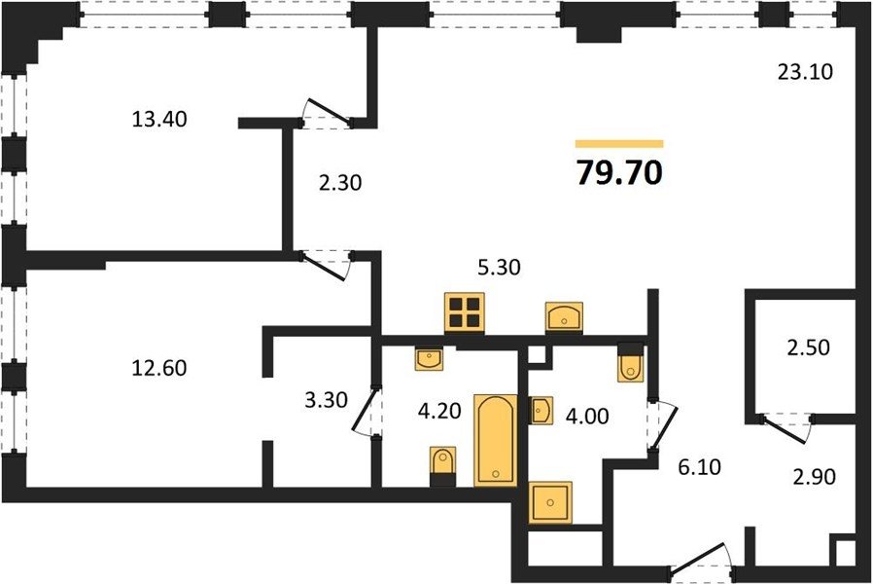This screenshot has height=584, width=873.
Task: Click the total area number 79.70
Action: (619, 172)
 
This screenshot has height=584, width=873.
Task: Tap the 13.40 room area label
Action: (159, 120)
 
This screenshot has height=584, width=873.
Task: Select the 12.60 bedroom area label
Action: (159, 368)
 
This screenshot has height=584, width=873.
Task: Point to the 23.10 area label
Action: (805, 72)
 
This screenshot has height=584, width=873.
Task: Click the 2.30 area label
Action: (340, 183)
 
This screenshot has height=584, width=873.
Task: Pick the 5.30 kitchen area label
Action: (500, 268)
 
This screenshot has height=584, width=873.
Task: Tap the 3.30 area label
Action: (327, 399)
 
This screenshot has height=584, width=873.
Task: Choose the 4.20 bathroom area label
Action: (439, 412)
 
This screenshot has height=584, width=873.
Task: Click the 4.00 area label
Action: (587, 416)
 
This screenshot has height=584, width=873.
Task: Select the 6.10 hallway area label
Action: (699, 466)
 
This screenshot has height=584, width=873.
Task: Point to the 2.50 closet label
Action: (808, 347)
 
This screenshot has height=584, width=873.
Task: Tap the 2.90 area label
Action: (814, 477)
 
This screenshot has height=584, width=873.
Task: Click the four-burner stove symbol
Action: (465, 312)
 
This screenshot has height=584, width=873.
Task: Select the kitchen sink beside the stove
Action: (565, 317)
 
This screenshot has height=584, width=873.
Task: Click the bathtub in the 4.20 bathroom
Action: (496, 440)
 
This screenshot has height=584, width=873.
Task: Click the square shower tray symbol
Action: (550, 502)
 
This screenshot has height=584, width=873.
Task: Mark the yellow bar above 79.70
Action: (619, 144)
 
